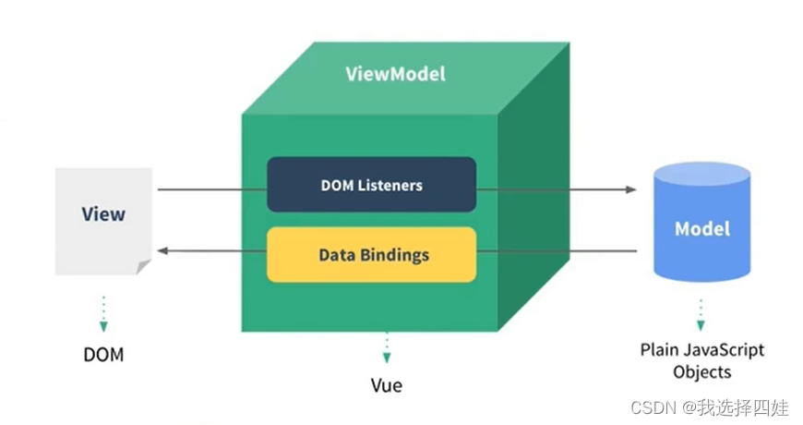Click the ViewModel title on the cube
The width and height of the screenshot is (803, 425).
coord(395,74)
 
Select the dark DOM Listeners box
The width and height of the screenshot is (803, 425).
coord(371,185)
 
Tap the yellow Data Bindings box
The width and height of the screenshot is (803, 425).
coord(371,254)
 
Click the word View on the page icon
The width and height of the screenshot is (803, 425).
coord(103,214)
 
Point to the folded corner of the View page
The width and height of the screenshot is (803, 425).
coord(143,267)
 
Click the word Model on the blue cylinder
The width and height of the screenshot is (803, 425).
coord(702,228)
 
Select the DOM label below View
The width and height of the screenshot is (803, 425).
coord(103,354)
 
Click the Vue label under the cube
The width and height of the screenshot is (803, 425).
coord(386,384)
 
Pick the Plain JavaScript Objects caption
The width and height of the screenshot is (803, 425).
coord(702,361)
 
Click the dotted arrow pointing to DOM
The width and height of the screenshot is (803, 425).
coord(103,313)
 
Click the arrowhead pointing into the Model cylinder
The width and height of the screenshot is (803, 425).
coord(631,189)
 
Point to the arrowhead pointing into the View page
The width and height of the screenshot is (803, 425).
coord(162,250)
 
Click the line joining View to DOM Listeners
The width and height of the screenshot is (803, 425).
coord(212,189)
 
